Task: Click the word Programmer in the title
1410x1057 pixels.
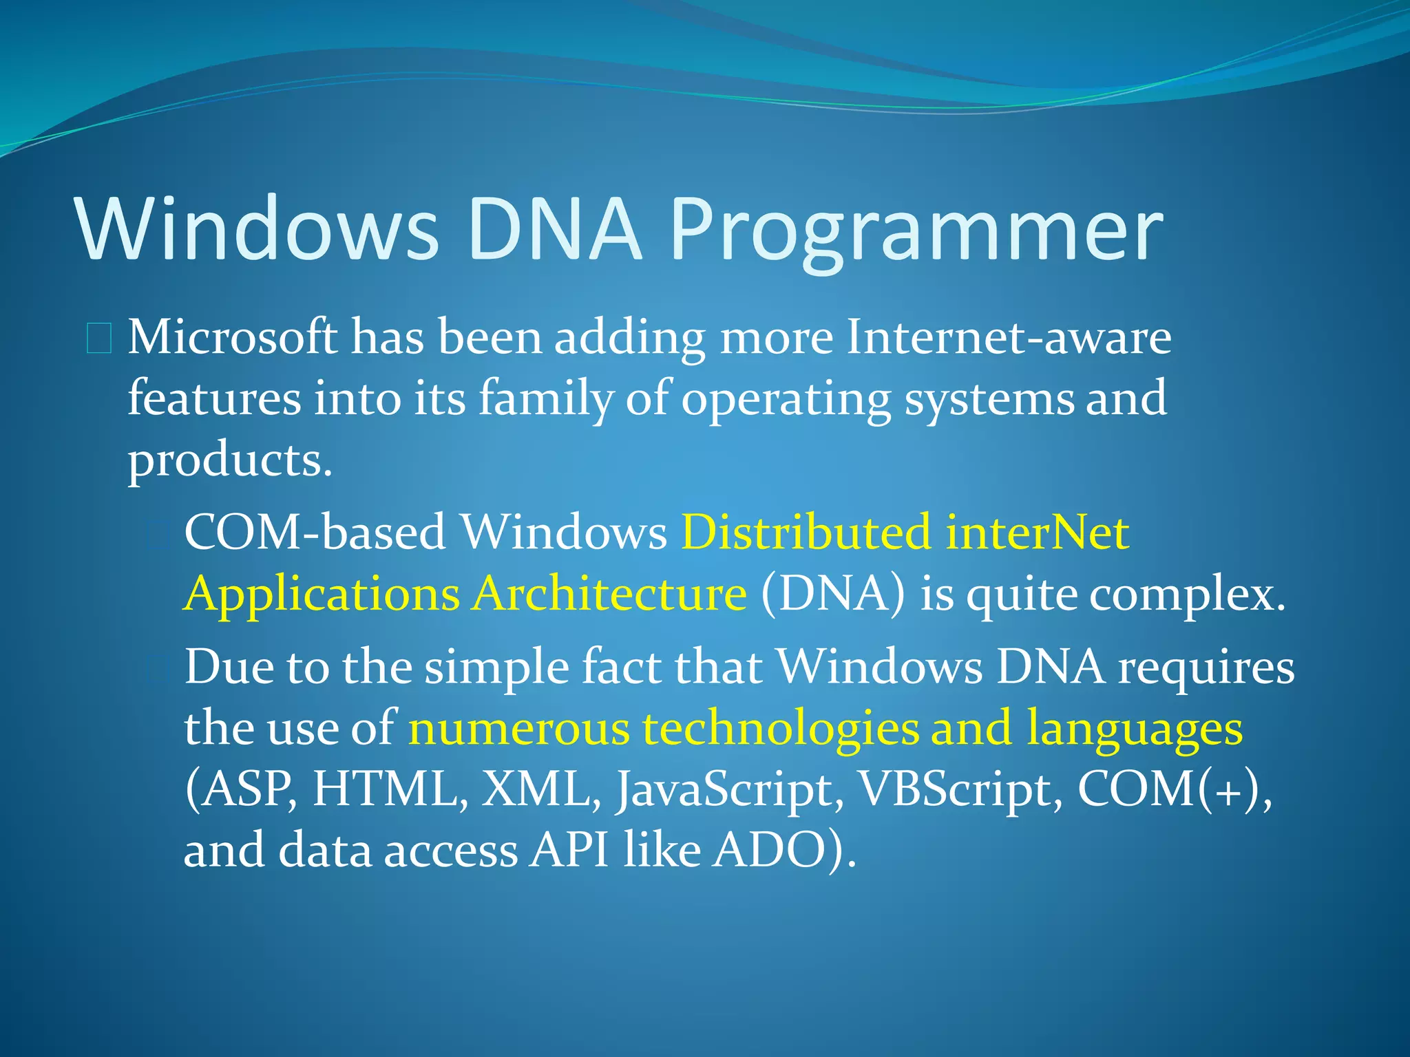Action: (916, 231)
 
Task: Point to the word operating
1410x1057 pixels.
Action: (786, 399)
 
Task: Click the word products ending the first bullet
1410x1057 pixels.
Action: (229, 460)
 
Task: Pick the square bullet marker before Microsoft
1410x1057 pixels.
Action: (99, 339)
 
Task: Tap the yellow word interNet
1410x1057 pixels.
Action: (1038, 532)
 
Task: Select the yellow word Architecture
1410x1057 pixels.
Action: (609, 593)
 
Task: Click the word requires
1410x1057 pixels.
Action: (1206, 668)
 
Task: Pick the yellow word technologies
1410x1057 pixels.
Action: (781, 728)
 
